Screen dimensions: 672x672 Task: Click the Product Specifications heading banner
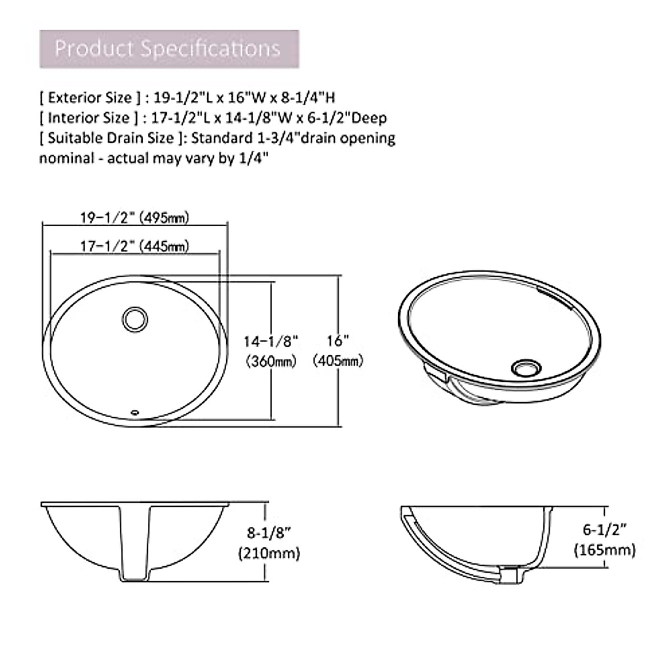(x=169, y=49)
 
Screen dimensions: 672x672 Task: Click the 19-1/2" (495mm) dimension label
(x=134, y=217)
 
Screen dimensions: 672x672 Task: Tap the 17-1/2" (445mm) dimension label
(x=134, y=246)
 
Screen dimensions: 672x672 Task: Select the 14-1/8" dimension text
(x=270, y=340)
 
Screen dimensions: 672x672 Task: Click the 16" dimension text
(x=338, y=340)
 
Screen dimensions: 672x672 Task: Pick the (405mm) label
(x=338, y=361)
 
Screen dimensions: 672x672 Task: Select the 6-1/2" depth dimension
(x=604, y=529)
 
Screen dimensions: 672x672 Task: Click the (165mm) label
(x=604, y=550)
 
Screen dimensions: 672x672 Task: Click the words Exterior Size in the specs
(x=90, y=98)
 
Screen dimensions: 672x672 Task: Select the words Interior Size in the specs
(x=89, y=118)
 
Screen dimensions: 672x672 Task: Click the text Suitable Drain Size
(x=111, y=138)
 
